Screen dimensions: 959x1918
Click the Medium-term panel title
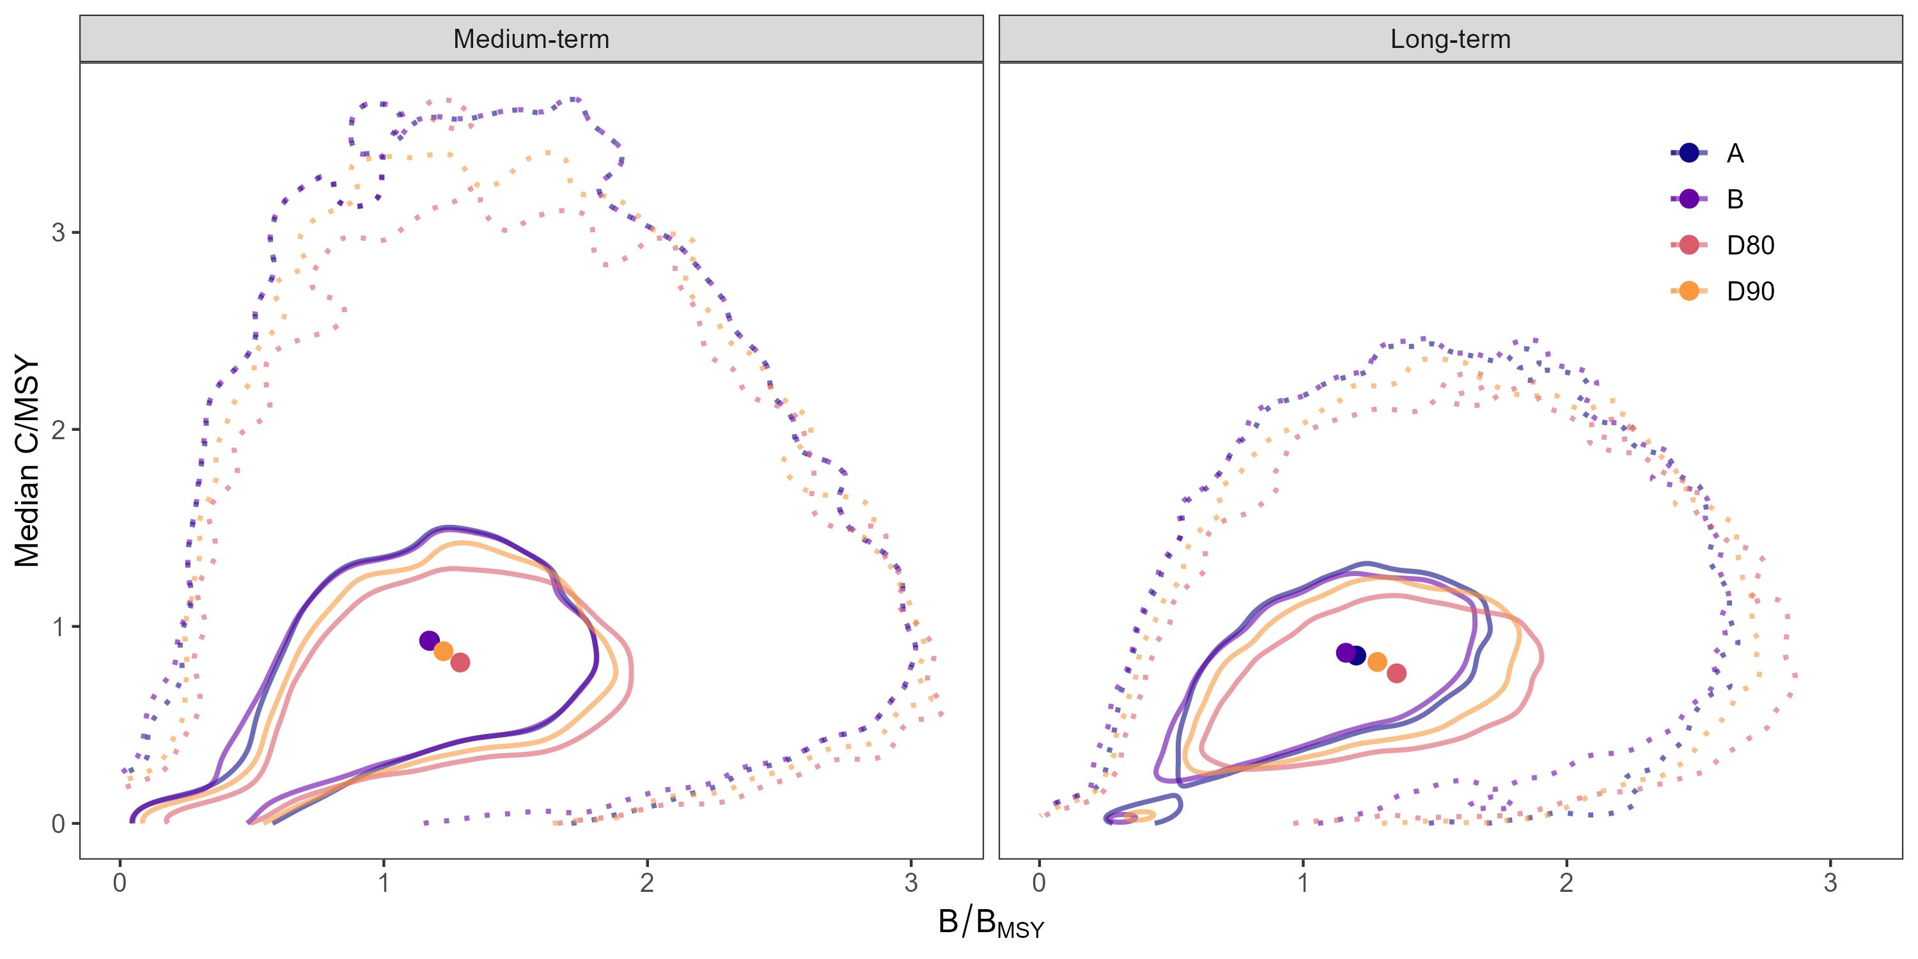pos(531,39)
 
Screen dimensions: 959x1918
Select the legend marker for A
pos(1689,153)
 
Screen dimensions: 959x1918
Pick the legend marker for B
pos(1689,199)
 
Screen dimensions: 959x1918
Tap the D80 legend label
pos(1750,245)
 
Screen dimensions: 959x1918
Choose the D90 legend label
pos(1750,291)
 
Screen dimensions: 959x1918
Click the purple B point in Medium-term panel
pos(429,641)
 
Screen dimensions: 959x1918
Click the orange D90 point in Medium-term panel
pos(443,651)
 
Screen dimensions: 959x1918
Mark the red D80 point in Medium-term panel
pos(460,662)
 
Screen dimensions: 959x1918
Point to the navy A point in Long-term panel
pos(1357,656)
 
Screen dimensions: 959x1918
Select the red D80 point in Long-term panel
pos(1397,673)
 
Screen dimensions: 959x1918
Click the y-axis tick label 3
pos(58,232)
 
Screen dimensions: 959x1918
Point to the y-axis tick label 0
pos(58,823)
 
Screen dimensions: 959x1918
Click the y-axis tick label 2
pos(58,430)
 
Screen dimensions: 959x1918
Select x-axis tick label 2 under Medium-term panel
pos(647,883)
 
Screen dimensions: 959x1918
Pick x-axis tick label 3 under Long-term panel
pos(1830,883)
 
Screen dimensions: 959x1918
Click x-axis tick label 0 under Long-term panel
pos(1040,883)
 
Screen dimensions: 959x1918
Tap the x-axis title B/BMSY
pos(990,923)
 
